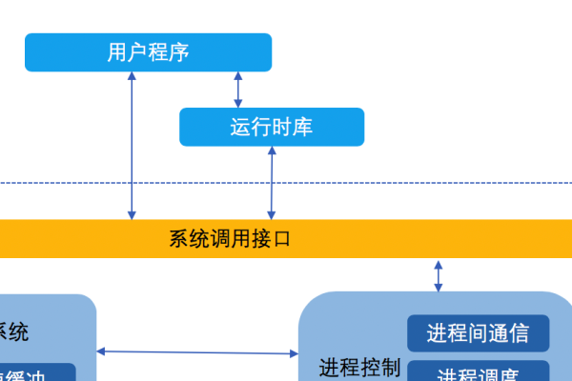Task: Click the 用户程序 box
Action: (x=148, y=51)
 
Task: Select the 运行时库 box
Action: (x=272, y=127)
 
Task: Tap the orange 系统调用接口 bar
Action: (x=286, y=238)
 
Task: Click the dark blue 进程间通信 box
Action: (x=478, y=333)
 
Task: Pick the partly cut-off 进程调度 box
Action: (x=478, y=371)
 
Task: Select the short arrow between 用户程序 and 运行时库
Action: (x=238, y=90)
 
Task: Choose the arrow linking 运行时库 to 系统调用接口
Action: (x=273, y=183)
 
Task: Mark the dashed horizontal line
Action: (x=286, y=182)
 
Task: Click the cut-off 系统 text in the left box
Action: (x=13, y=331)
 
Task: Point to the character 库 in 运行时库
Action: (x=302, y=127)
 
